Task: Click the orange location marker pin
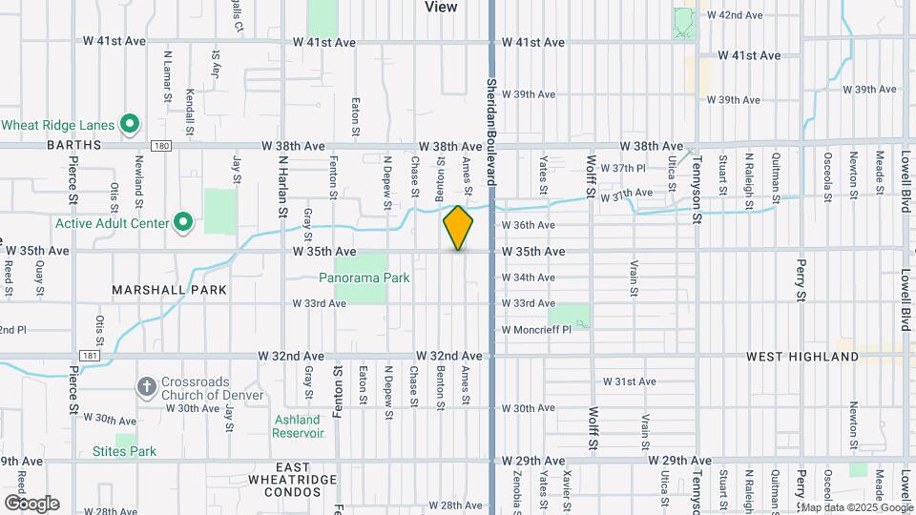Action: tap(459, 228)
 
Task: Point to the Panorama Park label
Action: tap(364, 278)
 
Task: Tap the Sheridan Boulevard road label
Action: tap(492, 125)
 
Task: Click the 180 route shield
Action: tap(161, 146)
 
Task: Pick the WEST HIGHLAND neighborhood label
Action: tap(802, 357)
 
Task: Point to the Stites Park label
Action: tap(124, 450)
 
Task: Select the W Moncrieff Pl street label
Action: tap(536, 329)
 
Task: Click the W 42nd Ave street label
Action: tap(734, 15)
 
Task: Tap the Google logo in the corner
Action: tap(31, 503)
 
